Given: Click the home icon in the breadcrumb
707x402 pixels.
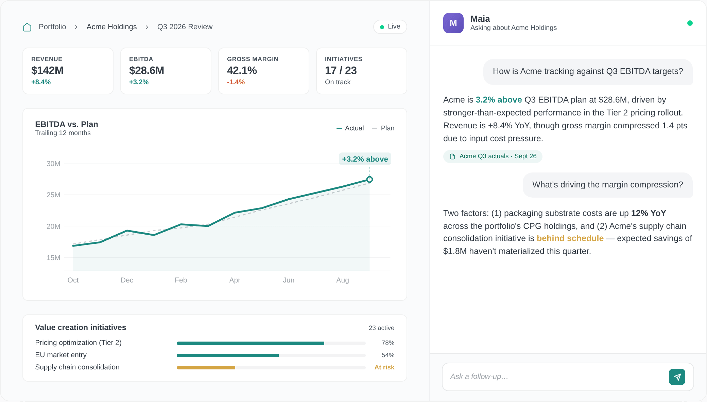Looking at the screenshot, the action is pos(27,27).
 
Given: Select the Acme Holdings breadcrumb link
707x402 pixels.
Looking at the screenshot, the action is pos(111,27).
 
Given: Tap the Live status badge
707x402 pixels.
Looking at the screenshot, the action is pos(390,26).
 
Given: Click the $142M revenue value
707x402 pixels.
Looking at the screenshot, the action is pos(47,70).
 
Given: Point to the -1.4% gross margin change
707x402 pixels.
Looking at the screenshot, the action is pos(236,82).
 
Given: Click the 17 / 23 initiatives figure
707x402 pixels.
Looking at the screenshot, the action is pos(341,70).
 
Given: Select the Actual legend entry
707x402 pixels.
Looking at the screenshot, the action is pos(350,128).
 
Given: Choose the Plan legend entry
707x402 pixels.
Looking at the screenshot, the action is pos(383,128).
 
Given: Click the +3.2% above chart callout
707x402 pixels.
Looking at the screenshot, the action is pos(365,159).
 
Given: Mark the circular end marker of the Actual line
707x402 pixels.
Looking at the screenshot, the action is pos(369,179).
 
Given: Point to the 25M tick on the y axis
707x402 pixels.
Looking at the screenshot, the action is pos(53,195).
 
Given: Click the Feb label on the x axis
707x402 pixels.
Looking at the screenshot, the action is pos(181,280).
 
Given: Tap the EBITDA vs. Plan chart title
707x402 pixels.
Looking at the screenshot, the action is pos(67,124).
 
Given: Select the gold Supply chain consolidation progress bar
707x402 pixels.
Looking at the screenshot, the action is pos(206,367).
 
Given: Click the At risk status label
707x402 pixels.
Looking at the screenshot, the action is pos(384,367).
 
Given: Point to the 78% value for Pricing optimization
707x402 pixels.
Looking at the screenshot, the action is pos(388,343).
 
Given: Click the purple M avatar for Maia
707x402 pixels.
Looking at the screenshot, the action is pos(453,23).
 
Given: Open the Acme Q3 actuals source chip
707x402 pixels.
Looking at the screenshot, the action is pos(493,156).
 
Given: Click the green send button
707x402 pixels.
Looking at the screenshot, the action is pos(677,377).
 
